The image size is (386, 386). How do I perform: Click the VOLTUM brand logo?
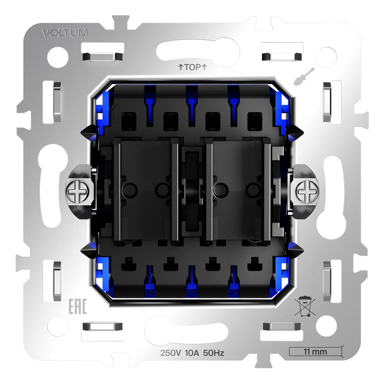(x=65, y=33)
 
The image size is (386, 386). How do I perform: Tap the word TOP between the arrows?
(x=192, y=67)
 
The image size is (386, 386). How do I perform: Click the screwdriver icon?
(x=304, y=76)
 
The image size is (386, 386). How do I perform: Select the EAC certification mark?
(x=78, y=306)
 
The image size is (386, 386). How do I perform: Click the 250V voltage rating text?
(x=170, y=353)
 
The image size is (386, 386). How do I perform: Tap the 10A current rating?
(x=192, y=353)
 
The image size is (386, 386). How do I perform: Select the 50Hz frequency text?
(x=214, y=353)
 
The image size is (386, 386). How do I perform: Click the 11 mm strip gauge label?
(x=315, y=352)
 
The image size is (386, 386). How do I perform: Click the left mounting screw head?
(x=77, y=191)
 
